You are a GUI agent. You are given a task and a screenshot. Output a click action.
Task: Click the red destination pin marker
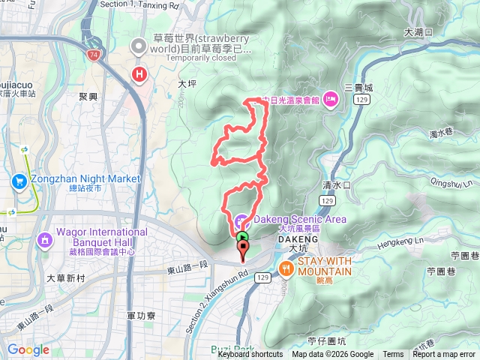click(x=242, y=252)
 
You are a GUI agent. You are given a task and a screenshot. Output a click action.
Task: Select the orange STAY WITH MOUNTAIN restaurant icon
click(x=286, y=268)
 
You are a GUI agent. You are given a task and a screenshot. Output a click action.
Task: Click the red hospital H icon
click(x=139, y=74)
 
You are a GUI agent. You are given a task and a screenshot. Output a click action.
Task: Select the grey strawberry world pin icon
click(x=139, y=46)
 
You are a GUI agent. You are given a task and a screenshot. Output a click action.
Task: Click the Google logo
click(x=28, y=349)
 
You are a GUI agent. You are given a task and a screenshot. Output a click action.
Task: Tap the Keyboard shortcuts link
click(x=250, y=355)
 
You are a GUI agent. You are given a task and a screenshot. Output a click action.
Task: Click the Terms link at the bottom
click(x=393, y=355)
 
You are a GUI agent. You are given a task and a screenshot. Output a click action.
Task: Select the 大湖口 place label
click(x=418, y=32)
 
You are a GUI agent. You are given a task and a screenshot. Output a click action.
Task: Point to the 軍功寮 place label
click(x=141, y=316)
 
